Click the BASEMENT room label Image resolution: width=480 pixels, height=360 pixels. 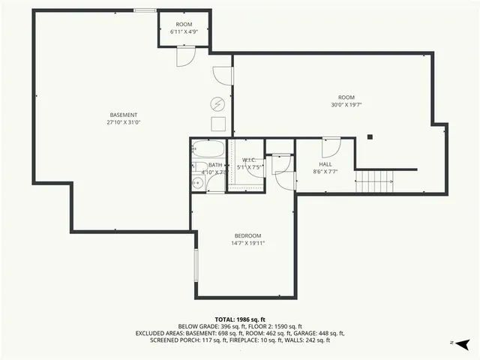[x=123, y=115]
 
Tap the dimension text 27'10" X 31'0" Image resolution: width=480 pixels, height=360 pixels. [x=123, y=122]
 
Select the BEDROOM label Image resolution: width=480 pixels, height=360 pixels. [x=247, y=235]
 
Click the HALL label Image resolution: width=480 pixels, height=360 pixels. [x=325, y=163]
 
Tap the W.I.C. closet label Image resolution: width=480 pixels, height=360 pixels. [x=249, y=160]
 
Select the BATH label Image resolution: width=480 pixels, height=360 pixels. [x=215, y=165]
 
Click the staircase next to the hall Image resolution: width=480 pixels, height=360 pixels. [x=374, y=180]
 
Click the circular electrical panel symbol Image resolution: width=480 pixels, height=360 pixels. [x=217, y=103]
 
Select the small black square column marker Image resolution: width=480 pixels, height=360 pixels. [x=369, y=136]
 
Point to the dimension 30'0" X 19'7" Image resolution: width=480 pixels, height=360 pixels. [x=346, y=105]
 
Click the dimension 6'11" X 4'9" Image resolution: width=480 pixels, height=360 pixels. [x=184, y=32]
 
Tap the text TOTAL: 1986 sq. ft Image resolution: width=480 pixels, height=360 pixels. [x=239, y=319]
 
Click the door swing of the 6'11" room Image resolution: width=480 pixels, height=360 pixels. [x=186, y=57]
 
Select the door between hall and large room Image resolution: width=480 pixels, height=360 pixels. [x=331, y=145]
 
